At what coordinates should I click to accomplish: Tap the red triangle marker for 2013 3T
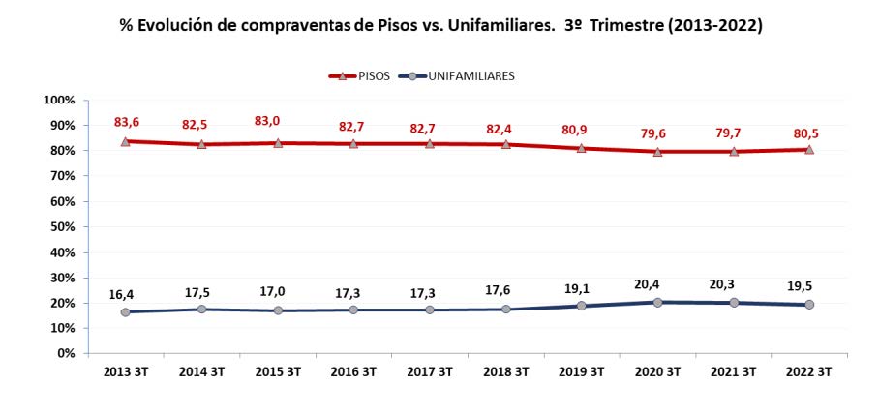tap(125, 141)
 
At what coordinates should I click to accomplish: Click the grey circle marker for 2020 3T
tap(658, 302)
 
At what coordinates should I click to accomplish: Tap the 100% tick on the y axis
tap(59, 100)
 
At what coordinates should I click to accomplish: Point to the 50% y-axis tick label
tap(62, 226)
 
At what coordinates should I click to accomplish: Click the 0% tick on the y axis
tap(65, 353)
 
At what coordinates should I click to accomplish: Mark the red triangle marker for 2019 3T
tap(582, 148)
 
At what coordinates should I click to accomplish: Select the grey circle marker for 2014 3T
tap(201, 309)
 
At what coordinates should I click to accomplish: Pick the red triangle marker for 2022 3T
tap(810, 149)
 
